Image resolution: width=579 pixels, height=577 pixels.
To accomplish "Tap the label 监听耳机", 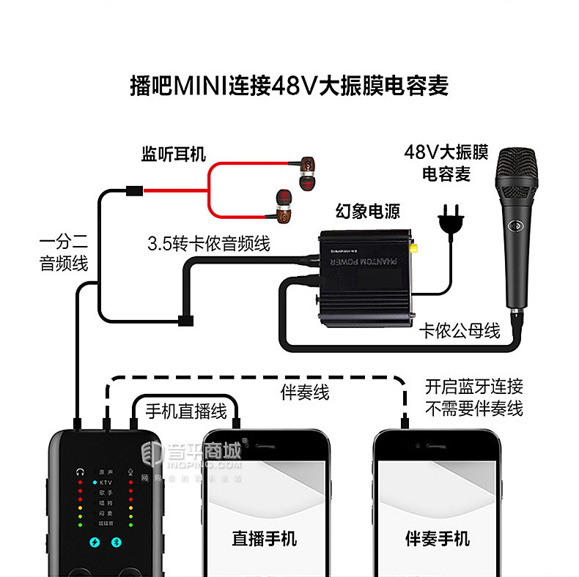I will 174,155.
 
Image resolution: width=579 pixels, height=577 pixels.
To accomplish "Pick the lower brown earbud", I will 284,205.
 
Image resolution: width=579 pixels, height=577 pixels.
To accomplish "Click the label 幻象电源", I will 368,211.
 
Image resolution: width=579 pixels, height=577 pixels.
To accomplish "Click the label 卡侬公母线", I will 460,331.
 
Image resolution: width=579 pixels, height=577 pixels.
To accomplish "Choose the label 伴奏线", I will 305,392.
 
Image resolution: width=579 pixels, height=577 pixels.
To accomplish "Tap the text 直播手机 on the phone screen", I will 264,539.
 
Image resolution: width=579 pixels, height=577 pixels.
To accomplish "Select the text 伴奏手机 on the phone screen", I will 437,539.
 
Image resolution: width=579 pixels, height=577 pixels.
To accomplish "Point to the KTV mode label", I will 106,483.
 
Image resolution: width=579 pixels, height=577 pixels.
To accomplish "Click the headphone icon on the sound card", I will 78,472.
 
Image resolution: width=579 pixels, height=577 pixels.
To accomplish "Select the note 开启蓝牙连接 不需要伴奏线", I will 473,398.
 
